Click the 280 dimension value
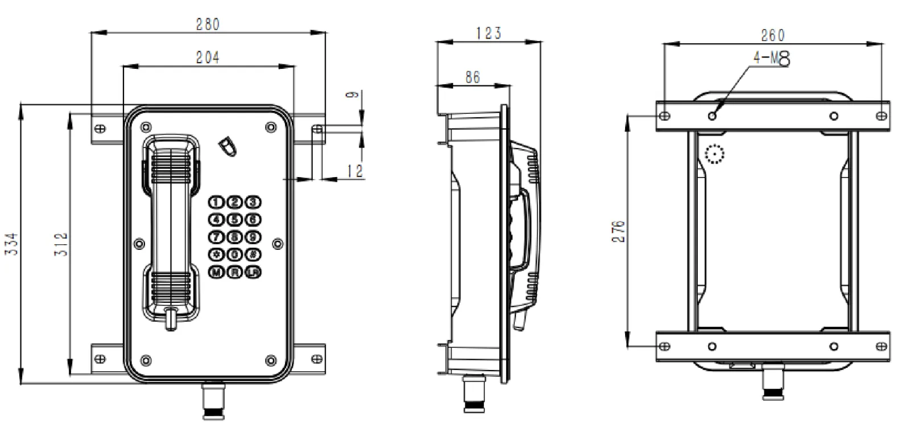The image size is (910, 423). [x=208, y=24]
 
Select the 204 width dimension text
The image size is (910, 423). [x=208, y=57]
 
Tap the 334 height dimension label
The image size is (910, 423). [x=12, y=243]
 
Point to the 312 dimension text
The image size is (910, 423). [x=61, y=243]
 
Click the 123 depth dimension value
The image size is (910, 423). [x=489, y=33]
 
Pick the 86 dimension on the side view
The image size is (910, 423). [x=473, y=77]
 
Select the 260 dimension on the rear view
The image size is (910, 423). [x=772, y=35]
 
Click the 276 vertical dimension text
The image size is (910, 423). [x=618, y=231]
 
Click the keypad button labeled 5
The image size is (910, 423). [x=234, y=220]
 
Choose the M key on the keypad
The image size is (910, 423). [x=217, y=273]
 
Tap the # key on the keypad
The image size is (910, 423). [x=253, y=255]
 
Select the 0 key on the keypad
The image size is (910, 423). [x=234, y=255]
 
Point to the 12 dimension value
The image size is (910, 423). [x=355, y=170]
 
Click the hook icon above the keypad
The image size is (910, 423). [x=227, y=146]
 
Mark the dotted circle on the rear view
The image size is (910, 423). [x=714, y=154]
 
